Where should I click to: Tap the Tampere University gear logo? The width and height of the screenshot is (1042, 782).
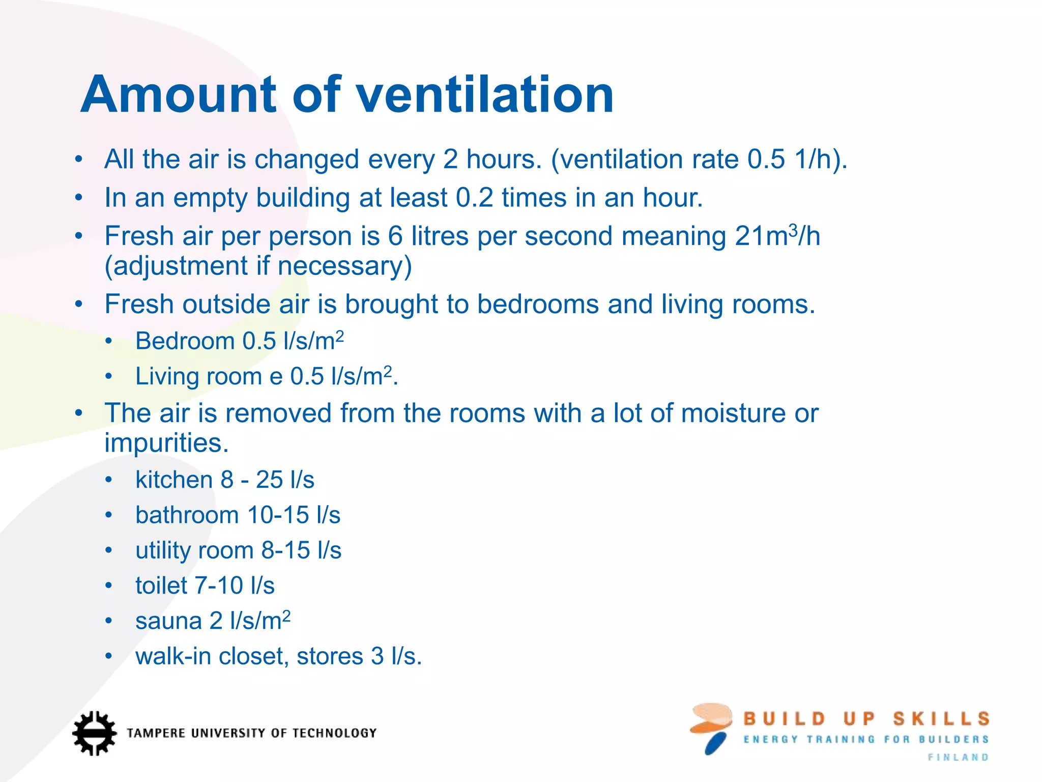(94, 733)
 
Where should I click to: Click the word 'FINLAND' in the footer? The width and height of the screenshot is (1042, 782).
(958, 758)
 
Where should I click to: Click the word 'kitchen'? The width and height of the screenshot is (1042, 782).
(173, 480)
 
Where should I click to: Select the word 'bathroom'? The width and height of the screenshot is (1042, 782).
(187, 515)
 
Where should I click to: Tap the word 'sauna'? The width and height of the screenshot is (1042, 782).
(168, 621)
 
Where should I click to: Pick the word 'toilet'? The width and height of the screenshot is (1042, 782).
(161, 585)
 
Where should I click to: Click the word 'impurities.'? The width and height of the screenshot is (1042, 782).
(166, 443)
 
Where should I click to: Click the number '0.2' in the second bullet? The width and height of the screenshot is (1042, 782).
(474, 198)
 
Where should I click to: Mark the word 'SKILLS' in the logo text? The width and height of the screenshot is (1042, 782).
(941, 719)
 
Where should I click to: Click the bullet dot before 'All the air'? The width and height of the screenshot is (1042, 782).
(78, 159)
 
